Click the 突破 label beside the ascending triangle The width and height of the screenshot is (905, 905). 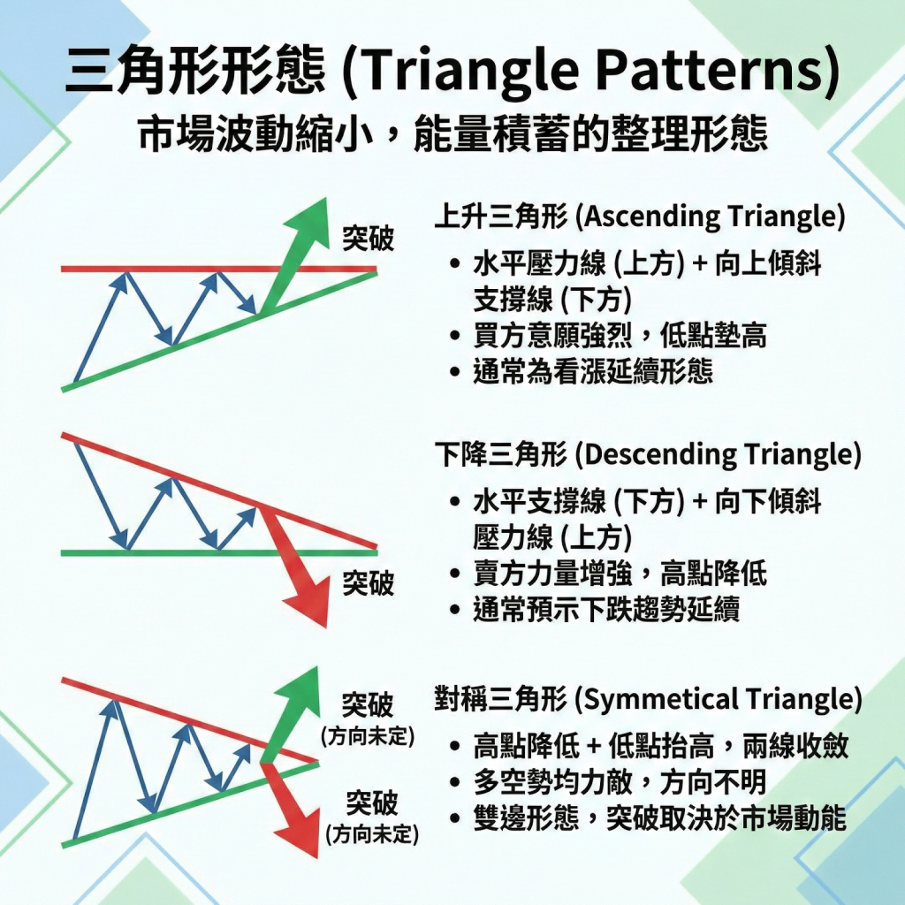[369, 239]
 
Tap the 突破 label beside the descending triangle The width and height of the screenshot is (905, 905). [369, 584]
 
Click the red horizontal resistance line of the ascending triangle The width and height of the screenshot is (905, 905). [177, 268]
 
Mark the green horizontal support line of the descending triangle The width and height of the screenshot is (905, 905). [177, 551]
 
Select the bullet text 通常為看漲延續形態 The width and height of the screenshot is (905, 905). [593, 371]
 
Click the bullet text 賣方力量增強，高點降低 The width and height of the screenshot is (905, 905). [620, 574]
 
